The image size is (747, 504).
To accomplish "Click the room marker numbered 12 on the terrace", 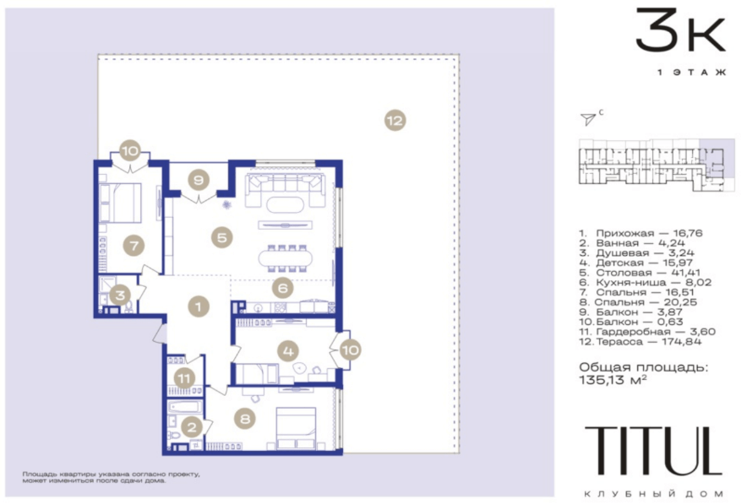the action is (x=395, y=121).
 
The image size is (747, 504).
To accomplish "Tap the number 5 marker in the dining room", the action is (x=222, y=237).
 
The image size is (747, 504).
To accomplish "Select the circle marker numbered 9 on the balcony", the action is (x=199, y=180).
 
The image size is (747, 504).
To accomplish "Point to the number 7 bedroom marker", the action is (x=134, y=246).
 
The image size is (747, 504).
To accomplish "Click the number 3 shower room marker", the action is (x=120, y=295).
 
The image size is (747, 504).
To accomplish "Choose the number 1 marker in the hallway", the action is (x=199, y=306).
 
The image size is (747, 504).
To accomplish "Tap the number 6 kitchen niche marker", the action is (x=282, y=287).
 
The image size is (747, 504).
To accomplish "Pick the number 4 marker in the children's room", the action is (x=288, y=351).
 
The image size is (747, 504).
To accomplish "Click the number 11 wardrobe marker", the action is (x=184, y=379).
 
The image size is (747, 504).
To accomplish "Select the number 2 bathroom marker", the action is (x=192, y=427).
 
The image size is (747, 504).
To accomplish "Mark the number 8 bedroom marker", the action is (x=245, y=419).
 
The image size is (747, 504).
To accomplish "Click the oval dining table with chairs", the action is (x=286, y=259).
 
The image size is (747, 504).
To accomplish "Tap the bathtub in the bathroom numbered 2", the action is (x=185, y=407).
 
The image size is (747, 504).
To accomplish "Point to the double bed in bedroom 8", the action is (x=296, y=428).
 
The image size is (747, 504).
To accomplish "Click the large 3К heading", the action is (x=681, y=29).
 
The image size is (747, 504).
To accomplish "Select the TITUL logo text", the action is (x=653, y=450).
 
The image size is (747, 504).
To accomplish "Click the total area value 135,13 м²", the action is (x=613, y=380).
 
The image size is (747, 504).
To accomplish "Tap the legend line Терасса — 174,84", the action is (x=641, y=342).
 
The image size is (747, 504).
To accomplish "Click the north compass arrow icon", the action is (x=588, y=118).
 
